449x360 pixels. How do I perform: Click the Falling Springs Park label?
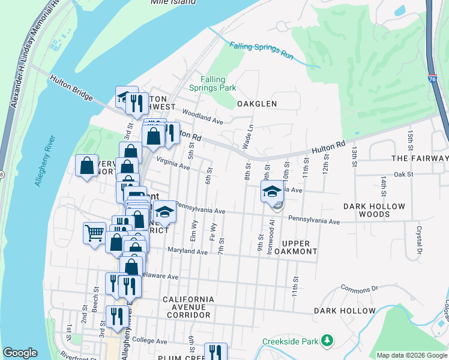pyautogui.click(x=212, y=83)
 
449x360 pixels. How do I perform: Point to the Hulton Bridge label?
pyautogui.click(x=71, y=87)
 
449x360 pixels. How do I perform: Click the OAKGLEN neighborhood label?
pyautogui.click(x=257, y=104)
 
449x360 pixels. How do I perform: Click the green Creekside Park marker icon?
pyautogui.click(x=327, y=341)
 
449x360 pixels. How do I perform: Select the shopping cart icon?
pyautogui.click(x=94, y=233)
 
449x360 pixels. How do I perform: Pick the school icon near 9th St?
pyautogui.click(x=272, y=192)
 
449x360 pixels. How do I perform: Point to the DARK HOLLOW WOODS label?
pyautogui.click(x=374, y=210)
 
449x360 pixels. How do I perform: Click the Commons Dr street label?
pyautogui.click(x=359, y=289)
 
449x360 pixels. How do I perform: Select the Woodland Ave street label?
pyautogui.click(x=203, y=116)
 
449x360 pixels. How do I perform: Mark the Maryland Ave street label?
pyautogui.click(x=187, y=251)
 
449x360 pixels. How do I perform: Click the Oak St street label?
pyautogui.click(x=404, y=174)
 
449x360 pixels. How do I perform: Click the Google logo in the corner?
pyautogui.click(x=20, y=353)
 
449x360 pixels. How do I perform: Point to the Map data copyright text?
pyautogui.click(x=412, y=355)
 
